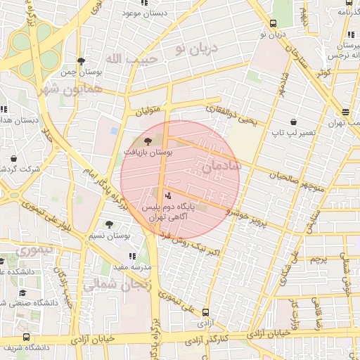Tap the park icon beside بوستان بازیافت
click(x=147, y=142)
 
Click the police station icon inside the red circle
click(x=167, y=195)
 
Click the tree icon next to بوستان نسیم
click(x=108, y=224)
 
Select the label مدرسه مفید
click(x=133, y=268)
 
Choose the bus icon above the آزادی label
click(x=205, y=311)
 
